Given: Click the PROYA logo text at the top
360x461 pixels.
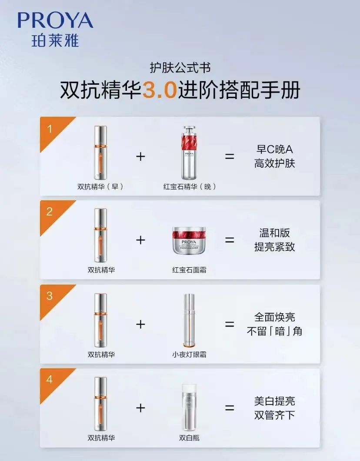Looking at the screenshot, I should click(55, 20).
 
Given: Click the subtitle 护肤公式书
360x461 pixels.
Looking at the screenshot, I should click(180, 68).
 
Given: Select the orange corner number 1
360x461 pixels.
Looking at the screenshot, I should click(50, 129).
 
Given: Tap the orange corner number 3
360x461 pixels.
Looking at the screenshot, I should click(50, 296).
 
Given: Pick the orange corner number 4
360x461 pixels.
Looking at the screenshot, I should click(50, 379).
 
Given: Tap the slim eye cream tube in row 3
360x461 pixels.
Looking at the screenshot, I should click(189, 322).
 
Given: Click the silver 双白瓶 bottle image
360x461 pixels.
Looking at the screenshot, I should click(189, 406).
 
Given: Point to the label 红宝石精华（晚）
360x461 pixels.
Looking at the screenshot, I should click(190, 187).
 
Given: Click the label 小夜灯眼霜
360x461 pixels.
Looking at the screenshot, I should click(189, 355).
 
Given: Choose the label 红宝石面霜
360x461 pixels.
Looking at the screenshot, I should click(189, 270).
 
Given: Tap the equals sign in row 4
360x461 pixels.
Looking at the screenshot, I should click(230, 408).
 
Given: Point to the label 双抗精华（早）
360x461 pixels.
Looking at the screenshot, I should click(100, 187).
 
